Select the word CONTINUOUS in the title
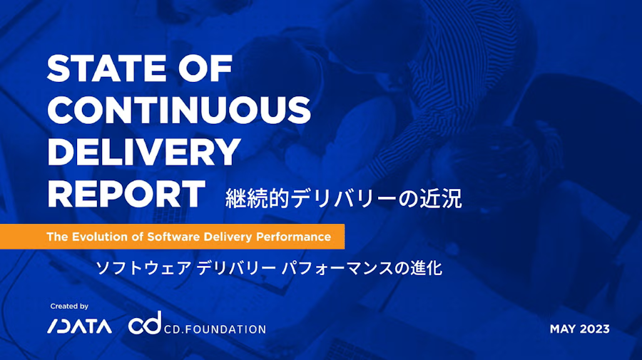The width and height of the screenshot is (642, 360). pyautogui.click(x=179, y=110)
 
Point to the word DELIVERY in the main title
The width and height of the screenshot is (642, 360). pyautogui.click(x=143, y=151)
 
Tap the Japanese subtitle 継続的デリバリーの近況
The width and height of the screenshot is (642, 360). pyautogui.click(x=344, y=198)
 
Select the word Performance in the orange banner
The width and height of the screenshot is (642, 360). pyautogui.click(x=293, y=237)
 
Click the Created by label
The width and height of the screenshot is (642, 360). pyautogui.click(x=69, y=307)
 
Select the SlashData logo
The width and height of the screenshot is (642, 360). pyautogui.click(x=79, y=327)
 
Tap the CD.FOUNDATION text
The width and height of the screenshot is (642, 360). pyautogui.click(x=215, y=329)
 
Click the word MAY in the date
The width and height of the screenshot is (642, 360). pyautogui.click(x=563, y=329)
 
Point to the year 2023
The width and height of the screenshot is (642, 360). pyautogui.click(x=595, y=329)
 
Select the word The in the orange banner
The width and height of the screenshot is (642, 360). pyautogui.click(x=56, y=237)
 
